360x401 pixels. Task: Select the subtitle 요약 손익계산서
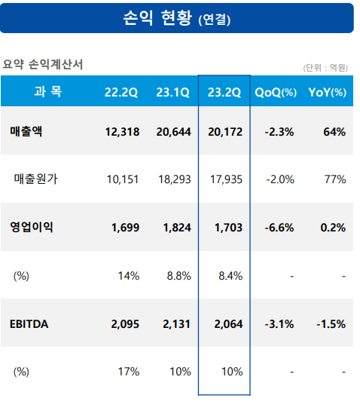[43, 65]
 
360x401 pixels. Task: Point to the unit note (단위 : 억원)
[325, 68]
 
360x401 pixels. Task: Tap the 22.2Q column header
[121, 93]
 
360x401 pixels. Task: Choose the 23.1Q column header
[172, 93]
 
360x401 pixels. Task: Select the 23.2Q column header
[223, 93]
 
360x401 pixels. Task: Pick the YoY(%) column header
[327, 93]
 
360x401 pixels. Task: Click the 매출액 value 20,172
[224, 132]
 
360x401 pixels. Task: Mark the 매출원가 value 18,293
[173, 179]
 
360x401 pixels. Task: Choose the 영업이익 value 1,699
[123, 227]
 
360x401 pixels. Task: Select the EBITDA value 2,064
[227, 324]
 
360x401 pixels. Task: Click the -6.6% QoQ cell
[279, 227]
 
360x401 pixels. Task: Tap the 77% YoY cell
[335, 179]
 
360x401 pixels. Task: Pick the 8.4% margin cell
[229, 276]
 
